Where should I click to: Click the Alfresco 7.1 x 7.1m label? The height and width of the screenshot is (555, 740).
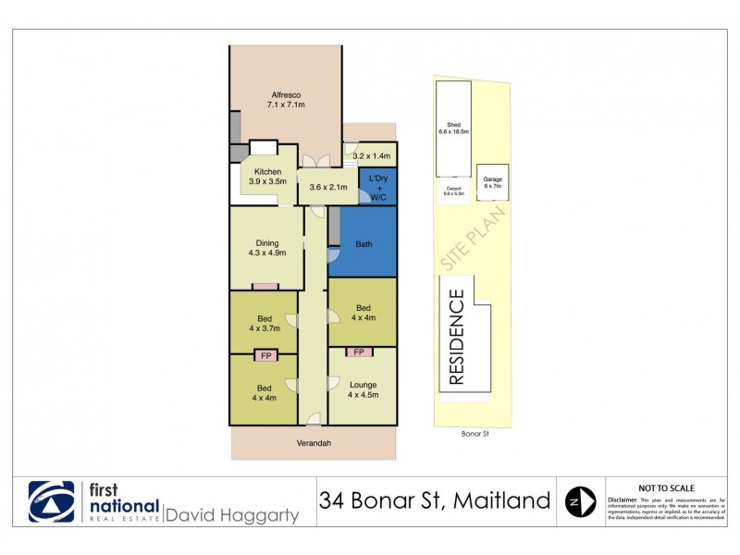click(287, 100)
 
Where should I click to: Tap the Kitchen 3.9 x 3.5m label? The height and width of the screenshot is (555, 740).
click(268, 177)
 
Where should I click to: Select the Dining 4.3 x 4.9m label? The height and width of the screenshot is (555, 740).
click(267, 248)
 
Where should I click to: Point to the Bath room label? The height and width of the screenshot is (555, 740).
click(363, 244)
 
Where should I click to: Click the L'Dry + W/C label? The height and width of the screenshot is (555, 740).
click(377, 187)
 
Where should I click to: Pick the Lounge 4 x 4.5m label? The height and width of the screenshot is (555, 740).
click(363, 389)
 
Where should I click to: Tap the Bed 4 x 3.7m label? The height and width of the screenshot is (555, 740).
click(263, 321)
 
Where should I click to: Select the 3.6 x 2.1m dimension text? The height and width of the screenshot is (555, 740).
click(328, 188)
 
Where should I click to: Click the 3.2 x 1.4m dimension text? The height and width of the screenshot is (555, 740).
click(373, 157)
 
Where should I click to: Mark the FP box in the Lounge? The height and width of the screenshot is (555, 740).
click(358, 352)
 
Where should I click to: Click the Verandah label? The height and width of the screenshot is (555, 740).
click(314, 444)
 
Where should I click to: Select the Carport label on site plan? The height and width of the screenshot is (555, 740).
click(453, 191)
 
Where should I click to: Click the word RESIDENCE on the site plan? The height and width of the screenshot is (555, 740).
click(456, 337)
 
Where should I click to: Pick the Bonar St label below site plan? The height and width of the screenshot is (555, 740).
click(475, 433)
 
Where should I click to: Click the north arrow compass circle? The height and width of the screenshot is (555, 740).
click(580, 501)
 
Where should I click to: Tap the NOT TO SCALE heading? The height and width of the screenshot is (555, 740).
click(667, 487)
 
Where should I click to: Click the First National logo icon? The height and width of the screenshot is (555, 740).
click(51, 501)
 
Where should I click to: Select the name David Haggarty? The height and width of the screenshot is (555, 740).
click(232, 515)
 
